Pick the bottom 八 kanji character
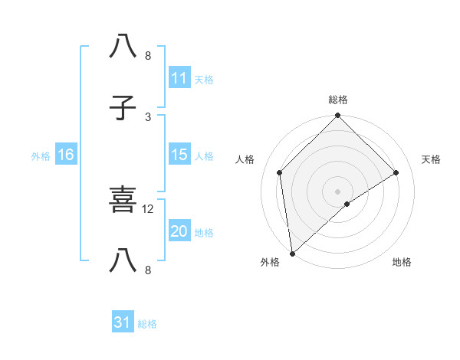tap(123, 261)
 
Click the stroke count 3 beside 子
tap(148, 116)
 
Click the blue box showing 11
tap(179, 78)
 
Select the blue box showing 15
tap(179, 155)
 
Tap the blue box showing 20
tap(179, 231)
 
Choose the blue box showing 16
tap(66, 155)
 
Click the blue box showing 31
tap(123, 322)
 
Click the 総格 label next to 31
tap(147, 324)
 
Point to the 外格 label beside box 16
tap(41, 155)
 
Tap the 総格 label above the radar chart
tap(338, 100)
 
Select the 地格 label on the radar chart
tap(402, 263)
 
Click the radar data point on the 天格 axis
tap(396, 173)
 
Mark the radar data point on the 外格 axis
tap(292, 254)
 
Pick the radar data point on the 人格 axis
tap(280, 172)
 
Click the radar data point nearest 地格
tap(347, 204)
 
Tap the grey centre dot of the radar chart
tap(338, 191)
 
